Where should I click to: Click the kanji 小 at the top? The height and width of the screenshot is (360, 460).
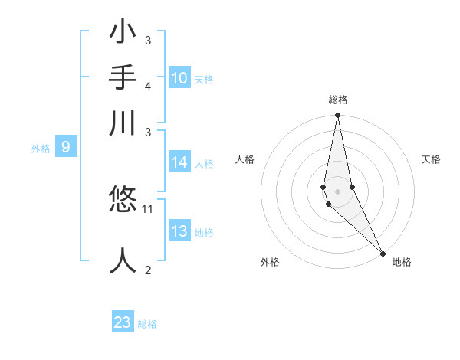[x=123, y=35]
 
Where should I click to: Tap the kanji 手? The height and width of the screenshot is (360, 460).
[x=123, y=78]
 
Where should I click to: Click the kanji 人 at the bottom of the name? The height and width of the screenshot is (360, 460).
[x=123, y=259]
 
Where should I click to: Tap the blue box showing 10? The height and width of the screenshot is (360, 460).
[x=179, y=78]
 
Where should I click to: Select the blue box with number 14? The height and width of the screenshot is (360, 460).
[x=179, y=162]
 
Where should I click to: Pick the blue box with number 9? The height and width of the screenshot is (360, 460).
[x=65, y=148]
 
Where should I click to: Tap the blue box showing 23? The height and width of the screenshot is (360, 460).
[x=123, y=322]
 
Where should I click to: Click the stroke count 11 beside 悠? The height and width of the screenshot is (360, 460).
[x=148, y=208]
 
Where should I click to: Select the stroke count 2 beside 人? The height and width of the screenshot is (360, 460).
[x=148, y=269]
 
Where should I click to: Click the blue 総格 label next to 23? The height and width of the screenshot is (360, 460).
[x=147, y=324]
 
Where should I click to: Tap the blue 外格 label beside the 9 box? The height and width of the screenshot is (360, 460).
[x=41, y=149]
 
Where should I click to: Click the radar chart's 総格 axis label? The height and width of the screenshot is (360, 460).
[x=337, y=100]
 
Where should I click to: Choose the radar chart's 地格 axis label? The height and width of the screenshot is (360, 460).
[x=402, y=262]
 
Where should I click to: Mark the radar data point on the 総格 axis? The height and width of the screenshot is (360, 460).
[x=337, y=116]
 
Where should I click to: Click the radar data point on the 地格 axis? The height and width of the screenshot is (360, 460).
[x=383, y=254]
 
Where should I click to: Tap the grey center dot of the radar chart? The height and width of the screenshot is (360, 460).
[x=337, y=191]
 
